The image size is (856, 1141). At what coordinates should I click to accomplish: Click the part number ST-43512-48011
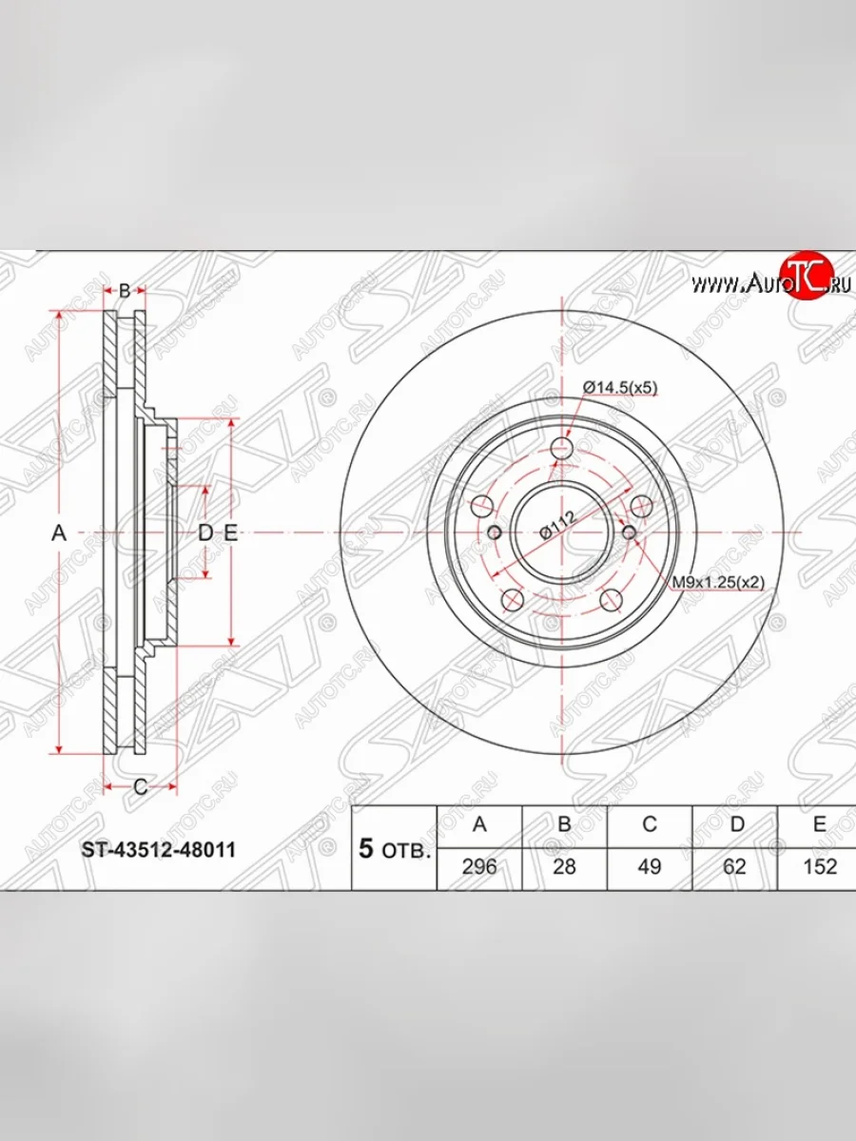point(157,849)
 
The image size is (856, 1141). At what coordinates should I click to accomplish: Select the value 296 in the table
point(478,866)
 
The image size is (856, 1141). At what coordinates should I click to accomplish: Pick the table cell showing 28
point(564,866)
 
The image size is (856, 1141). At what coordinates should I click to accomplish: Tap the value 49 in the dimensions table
point(650,866)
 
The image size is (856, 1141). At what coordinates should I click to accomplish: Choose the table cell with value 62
point(735,866)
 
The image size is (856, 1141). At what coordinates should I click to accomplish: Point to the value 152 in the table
point(819,866)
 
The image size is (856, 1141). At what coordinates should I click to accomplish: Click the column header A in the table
point(478,824)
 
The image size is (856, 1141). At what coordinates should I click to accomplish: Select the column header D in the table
point(735,824)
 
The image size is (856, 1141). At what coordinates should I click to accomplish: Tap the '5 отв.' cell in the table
point(395,849)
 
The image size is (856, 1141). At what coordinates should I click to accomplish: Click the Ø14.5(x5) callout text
point(620,388)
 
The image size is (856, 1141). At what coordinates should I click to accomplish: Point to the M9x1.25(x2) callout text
point(719,581)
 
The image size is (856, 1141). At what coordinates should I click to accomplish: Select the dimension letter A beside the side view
point(59,534)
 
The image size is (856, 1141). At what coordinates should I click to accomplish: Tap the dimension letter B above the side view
point(125,291)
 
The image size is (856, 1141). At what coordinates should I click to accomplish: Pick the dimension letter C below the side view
point(139,786)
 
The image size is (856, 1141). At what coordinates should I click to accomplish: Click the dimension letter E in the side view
point(229,534)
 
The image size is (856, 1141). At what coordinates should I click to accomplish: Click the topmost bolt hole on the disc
point(564,447)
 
